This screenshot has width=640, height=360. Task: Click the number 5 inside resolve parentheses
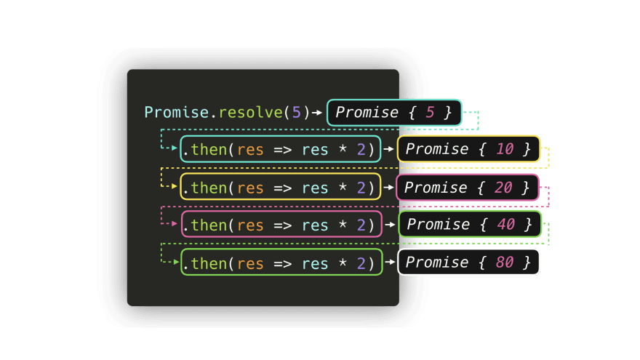(296, 112)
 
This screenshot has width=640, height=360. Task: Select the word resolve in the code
(252, 112)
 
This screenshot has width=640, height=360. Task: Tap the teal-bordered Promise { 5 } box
(394, 113)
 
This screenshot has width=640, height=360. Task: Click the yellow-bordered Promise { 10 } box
(468, 149)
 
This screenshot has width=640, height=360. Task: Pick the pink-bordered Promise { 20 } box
(468, 188)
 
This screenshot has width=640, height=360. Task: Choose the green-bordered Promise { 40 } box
(470, 224)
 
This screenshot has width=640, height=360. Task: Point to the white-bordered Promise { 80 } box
(469, 262)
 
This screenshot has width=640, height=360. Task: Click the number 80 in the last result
(505, 262)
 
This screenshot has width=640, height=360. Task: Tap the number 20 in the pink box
(503, 188)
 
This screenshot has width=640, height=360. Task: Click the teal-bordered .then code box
(281, 150)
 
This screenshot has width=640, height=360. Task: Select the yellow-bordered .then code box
(281, 188)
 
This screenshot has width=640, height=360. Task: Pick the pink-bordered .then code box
(281, 225)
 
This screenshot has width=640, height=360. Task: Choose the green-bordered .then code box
(281, 263)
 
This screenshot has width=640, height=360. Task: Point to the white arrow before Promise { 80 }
(390, 263)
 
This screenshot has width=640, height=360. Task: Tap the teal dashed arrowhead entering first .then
(175, 148)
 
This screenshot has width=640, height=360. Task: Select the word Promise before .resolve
(177, 112)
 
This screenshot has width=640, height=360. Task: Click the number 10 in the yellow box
(505, 149)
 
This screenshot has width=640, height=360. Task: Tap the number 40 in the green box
(506, 224)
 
